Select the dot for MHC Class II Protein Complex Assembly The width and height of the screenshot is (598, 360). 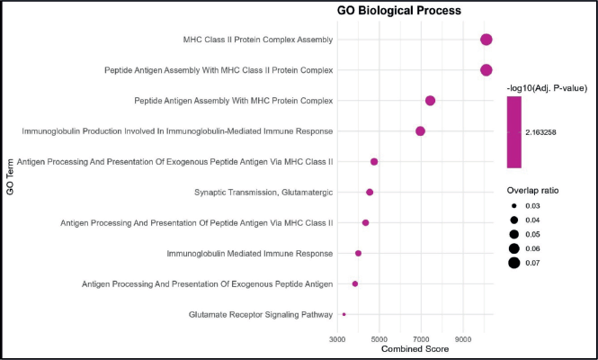point(486,40)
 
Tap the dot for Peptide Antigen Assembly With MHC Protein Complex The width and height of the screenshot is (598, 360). point(430,100)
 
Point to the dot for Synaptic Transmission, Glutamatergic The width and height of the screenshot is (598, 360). point(370,192)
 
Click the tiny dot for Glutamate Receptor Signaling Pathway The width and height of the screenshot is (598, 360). point(344,314)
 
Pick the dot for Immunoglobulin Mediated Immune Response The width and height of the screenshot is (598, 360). point(358,253)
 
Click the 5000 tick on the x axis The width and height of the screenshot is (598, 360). point(379,339)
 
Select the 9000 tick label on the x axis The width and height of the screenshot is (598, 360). point(463,339)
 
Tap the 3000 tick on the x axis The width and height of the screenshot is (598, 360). point(338,339)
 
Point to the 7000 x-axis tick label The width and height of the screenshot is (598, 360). point(422,339)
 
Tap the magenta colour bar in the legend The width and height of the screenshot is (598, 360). point(514,132)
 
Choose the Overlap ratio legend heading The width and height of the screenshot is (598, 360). point(537,191)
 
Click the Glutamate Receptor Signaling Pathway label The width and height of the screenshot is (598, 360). point(261,314)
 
